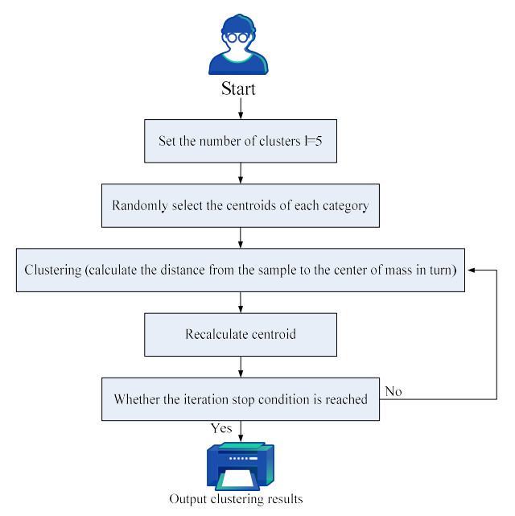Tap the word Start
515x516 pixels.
coord(238,89)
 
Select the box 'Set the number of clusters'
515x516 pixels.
coord(241,141)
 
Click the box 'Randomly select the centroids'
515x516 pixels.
coord(241,205)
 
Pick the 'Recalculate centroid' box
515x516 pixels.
coord(241,334)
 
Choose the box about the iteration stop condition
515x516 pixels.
coord(241,398)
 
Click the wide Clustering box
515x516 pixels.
coord(241,270)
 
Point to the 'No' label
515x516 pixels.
coord(393,391)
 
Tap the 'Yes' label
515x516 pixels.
coord(221,428)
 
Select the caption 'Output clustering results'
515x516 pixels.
coord(236,499)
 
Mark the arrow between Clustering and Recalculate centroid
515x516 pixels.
coord(241,302)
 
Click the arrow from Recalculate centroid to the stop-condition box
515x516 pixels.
coord(241,366)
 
